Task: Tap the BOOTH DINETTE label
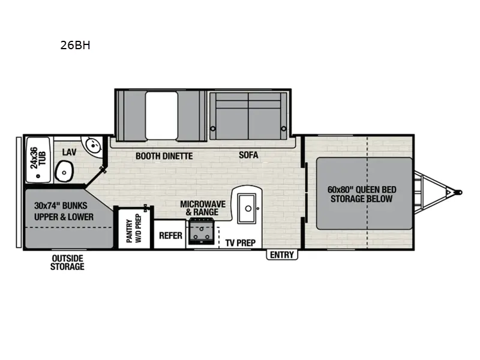point(164,156)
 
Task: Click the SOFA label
point(248,155)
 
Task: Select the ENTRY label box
point(282,255)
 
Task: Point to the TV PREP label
point(241,243)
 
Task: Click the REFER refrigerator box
point(170,236)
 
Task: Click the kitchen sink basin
point(247,207)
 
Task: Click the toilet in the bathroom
point(63,173)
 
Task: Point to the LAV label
point(69,152)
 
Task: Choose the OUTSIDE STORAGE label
point(67,262)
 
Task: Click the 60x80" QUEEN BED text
point(362,190)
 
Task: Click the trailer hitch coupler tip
point(459,193)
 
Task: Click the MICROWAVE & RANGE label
point(203,208)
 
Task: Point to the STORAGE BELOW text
point(361,199)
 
